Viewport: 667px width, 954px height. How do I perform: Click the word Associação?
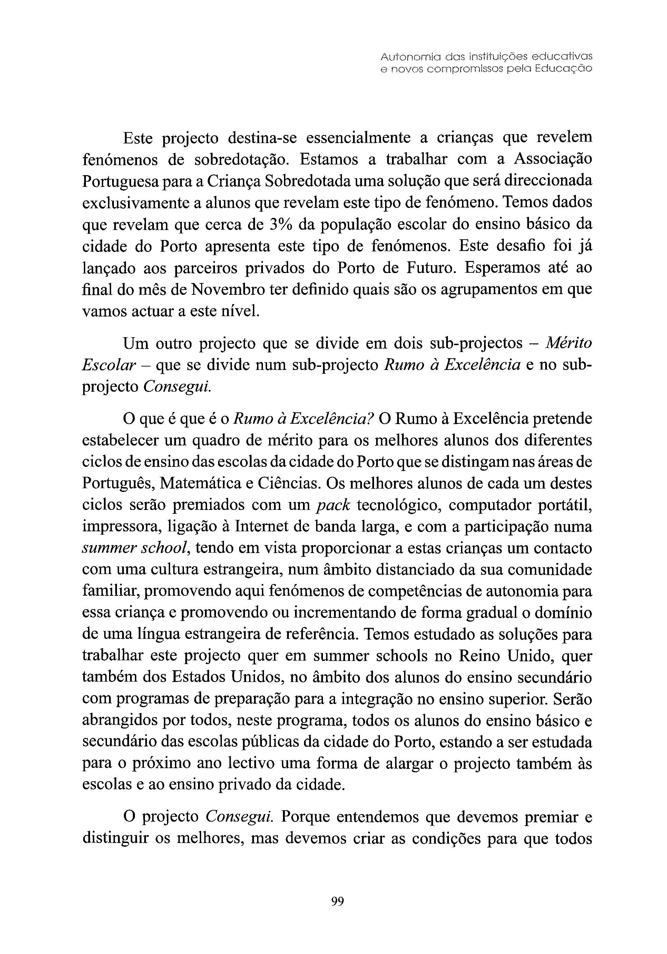[553, 160]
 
